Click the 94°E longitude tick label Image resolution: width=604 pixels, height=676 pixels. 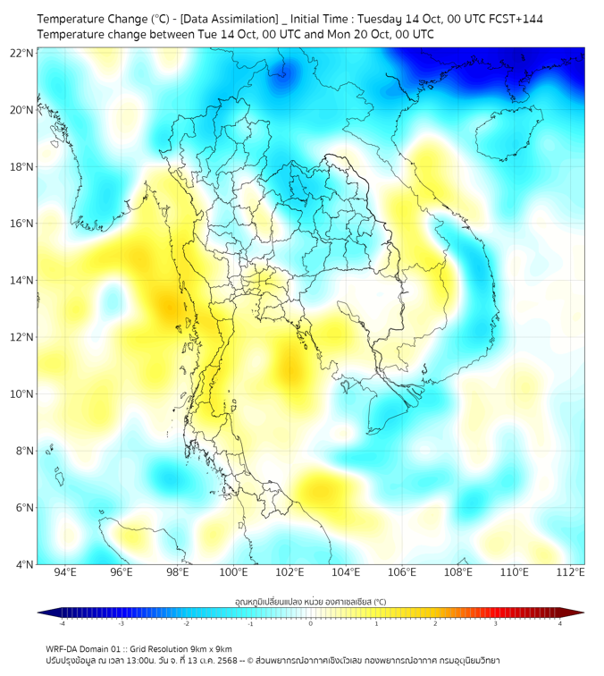pos(65,572)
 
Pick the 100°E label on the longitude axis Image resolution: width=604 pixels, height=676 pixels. pos(233,572)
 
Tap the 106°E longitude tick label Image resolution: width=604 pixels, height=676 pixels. pos(402,572)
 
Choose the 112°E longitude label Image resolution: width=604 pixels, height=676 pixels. pos(570,572)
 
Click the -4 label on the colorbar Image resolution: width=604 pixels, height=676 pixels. pos(62,623)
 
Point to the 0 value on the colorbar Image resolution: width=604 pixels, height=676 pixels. pos(311,623)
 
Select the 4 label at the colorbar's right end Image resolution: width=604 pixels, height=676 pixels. pos(560,623)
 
